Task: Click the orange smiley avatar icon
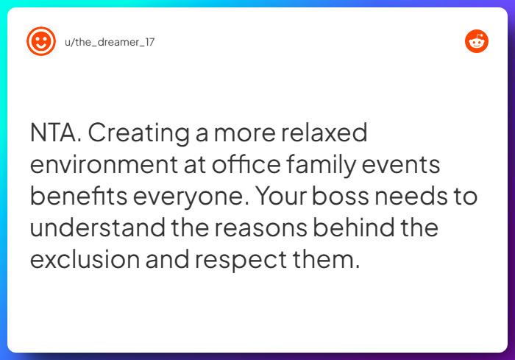click(x=41, y=41)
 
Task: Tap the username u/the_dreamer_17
click(x=110, y=42)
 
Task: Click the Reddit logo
click(x=477, y=41)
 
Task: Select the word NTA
click(x=56, y=135)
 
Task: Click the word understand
click(x=98, y=229)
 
